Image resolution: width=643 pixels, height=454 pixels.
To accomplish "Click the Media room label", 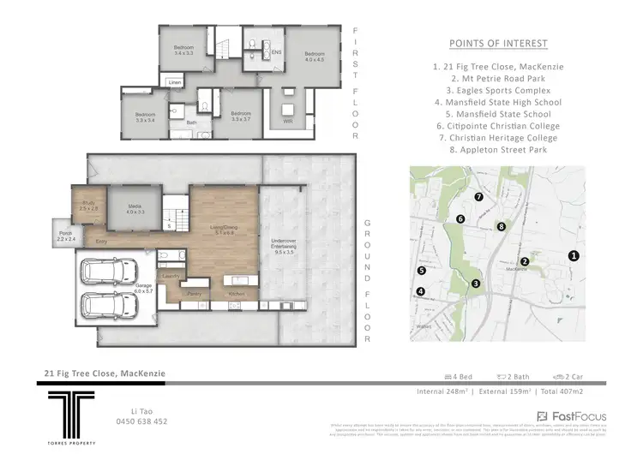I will (136, 208).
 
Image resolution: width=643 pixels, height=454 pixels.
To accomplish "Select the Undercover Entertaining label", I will (284, 250).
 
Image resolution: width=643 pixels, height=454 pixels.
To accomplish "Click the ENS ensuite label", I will (276, 52).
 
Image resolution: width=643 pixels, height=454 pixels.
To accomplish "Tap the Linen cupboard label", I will (174, 82).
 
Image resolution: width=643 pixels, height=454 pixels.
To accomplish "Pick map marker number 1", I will (574, 255).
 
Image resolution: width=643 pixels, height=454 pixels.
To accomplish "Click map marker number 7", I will (479, 197).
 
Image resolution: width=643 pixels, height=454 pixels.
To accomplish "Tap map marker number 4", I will (420, 291).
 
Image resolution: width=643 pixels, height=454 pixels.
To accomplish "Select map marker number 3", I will (476, 284).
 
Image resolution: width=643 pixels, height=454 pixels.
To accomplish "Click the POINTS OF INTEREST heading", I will (499, 44).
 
